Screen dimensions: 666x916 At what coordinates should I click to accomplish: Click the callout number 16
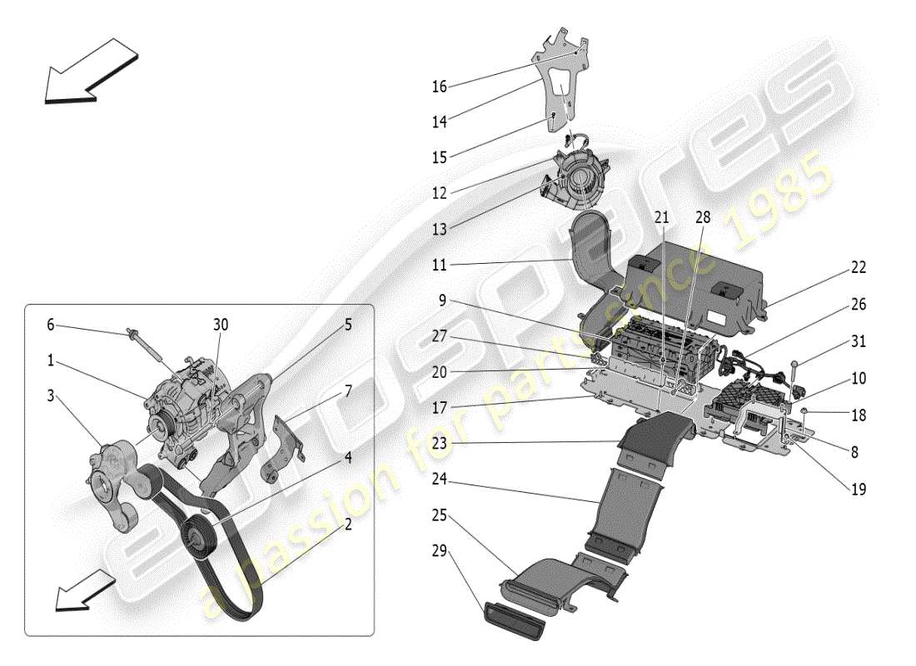pyautogui.click(x=440, y=86)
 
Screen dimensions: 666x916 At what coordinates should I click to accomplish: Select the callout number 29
pyautogui.click(x=440, y=552)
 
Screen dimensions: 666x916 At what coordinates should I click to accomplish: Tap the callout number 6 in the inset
pyautogui.click(x=50, y=325)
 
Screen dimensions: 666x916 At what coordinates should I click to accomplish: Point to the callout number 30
pyautogui.click(x=221, y=325)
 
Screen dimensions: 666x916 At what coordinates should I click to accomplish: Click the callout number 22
pyautogui.click(x=858, y=267)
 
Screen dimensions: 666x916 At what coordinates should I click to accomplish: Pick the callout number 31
pyautogui.click(x=858, y=342)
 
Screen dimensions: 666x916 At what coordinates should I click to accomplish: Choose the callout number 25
pyautogui.click(x=440, y=517)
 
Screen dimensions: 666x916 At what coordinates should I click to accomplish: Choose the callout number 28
pyautogui.click(x=704, y=217)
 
